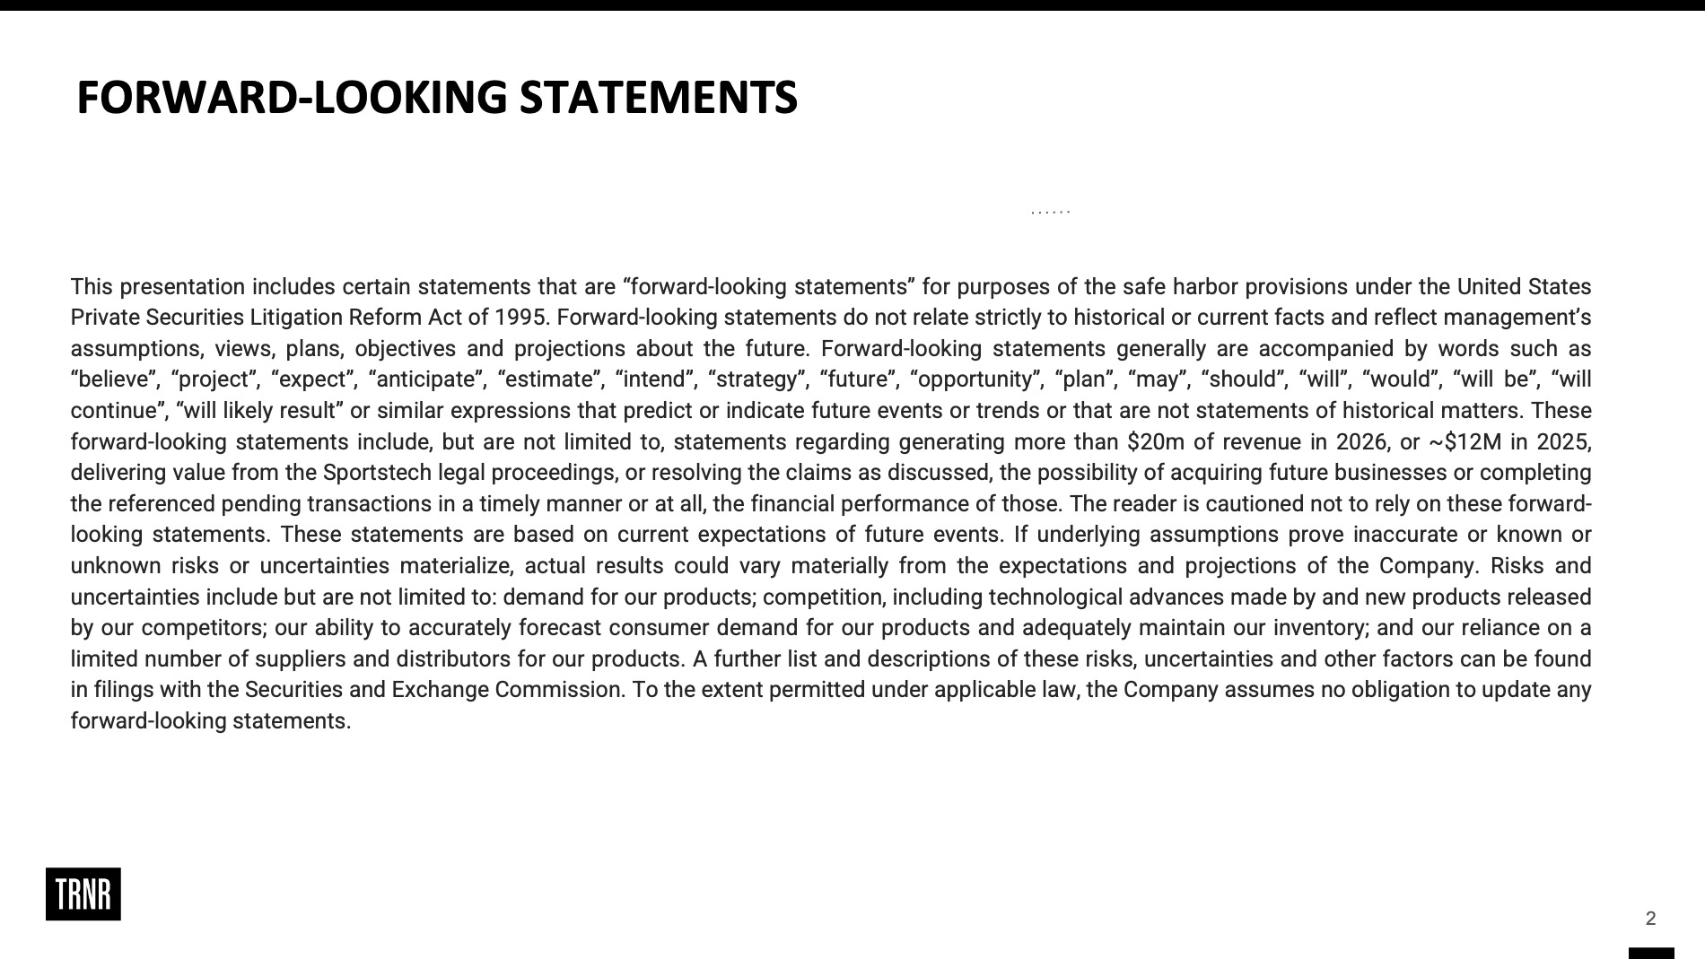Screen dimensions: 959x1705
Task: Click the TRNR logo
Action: pyautogui.click(x=83, y=894)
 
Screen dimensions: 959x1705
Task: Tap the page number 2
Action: pyautogui.click(x=1650, y=918)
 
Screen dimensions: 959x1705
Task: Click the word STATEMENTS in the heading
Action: pyautogui.click(x=658, y=97)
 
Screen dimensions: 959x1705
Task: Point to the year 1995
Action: pyautogui.click(x=520, y=318)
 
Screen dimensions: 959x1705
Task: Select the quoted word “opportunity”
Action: pyautogui.click(x=977, y=379)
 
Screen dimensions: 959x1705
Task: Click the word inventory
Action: pyautogui.click(x=1324, y=628)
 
